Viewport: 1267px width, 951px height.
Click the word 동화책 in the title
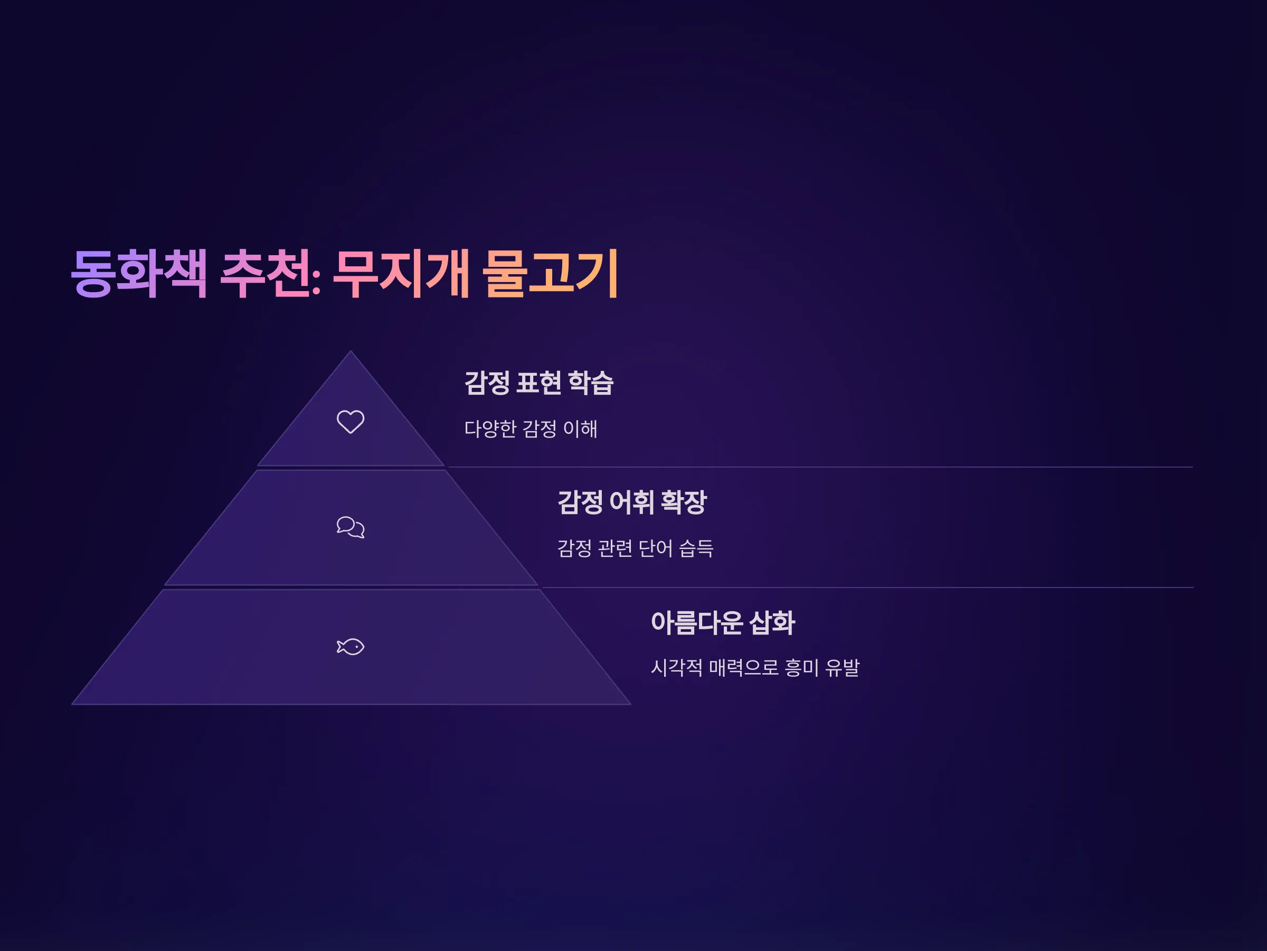(x=139, y=274)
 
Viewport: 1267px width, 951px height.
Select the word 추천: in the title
(x=270, y=274)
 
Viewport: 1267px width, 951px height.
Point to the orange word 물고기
(x=551, y=274)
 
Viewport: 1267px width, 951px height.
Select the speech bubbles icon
(x=351, y=527)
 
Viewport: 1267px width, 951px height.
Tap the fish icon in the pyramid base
(x=351, y=647)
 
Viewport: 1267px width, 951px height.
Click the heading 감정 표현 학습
(x=538, y=383)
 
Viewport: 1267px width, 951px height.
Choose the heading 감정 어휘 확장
(x=632, y=502)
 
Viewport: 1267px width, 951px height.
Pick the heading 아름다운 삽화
(x=723, y=622)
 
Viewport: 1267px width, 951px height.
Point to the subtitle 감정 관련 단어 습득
(x=635, y=548)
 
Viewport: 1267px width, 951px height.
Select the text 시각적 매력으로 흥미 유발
(x=755, y=667)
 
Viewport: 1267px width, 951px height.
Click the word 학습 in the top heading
(x=591, y=383)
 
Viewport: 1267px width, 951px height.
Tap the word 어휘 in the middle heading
(x=631, y=502)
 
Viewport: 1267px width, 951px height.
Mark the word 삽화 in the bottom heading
(x=772, y=622)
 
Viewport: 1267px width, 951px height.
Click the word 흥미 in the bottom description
(x=802, y=667)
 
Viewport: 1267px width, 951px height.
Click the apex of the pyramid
(x=351, y=351)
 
